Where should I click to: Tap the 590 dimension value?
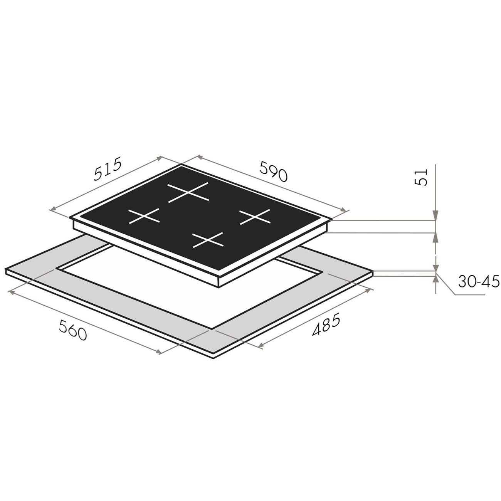tap(274, 171)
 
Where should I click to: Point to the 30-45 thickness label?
tap(479, 281)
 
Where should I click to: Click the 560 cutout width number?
tap(72, 330)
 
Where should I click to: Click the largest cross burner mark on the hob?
tap(188, 192)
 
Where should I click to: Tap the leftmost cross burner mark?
tap(144, 216)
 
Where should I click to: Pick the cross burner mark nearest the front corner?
tap(208, 240)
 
